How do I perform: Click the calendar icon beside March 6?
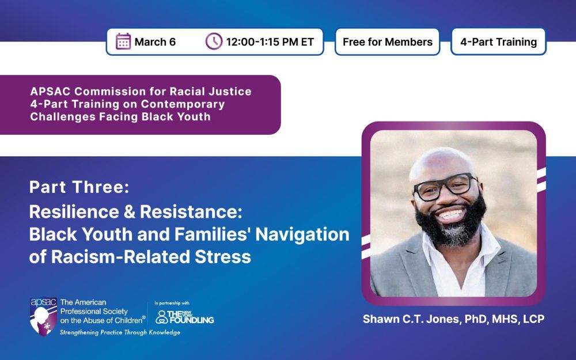[x=123, y=41]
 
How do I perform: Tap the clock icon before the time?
[x=214, y=41]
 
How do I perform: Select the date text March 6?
[x=155, y=42]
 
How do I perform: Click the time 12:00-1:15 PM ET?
[x=270, y=42]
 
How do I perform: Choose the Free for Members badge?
[x=388, y=42]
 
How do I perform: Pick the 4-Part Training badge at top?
[x=498, y=42]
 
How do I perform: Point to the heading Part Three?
[x=79, y=187]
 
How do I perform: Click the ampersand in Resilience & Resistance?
[x=129, y=212]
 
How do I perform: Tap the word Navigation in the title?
[x=302, y=234]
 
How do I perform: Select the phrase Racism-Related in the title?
[x=120, y=256]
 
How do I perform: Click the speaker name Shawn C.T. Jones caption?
[x=454, y=319]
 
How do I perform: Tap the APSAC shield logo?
[x=43, y=316]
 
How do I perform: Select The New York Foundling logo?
[x=185, y=317]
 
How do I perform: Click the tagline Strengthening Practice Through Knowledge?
[x=120, y=332]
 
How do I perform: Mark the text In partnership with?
[x=172, y=303]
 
